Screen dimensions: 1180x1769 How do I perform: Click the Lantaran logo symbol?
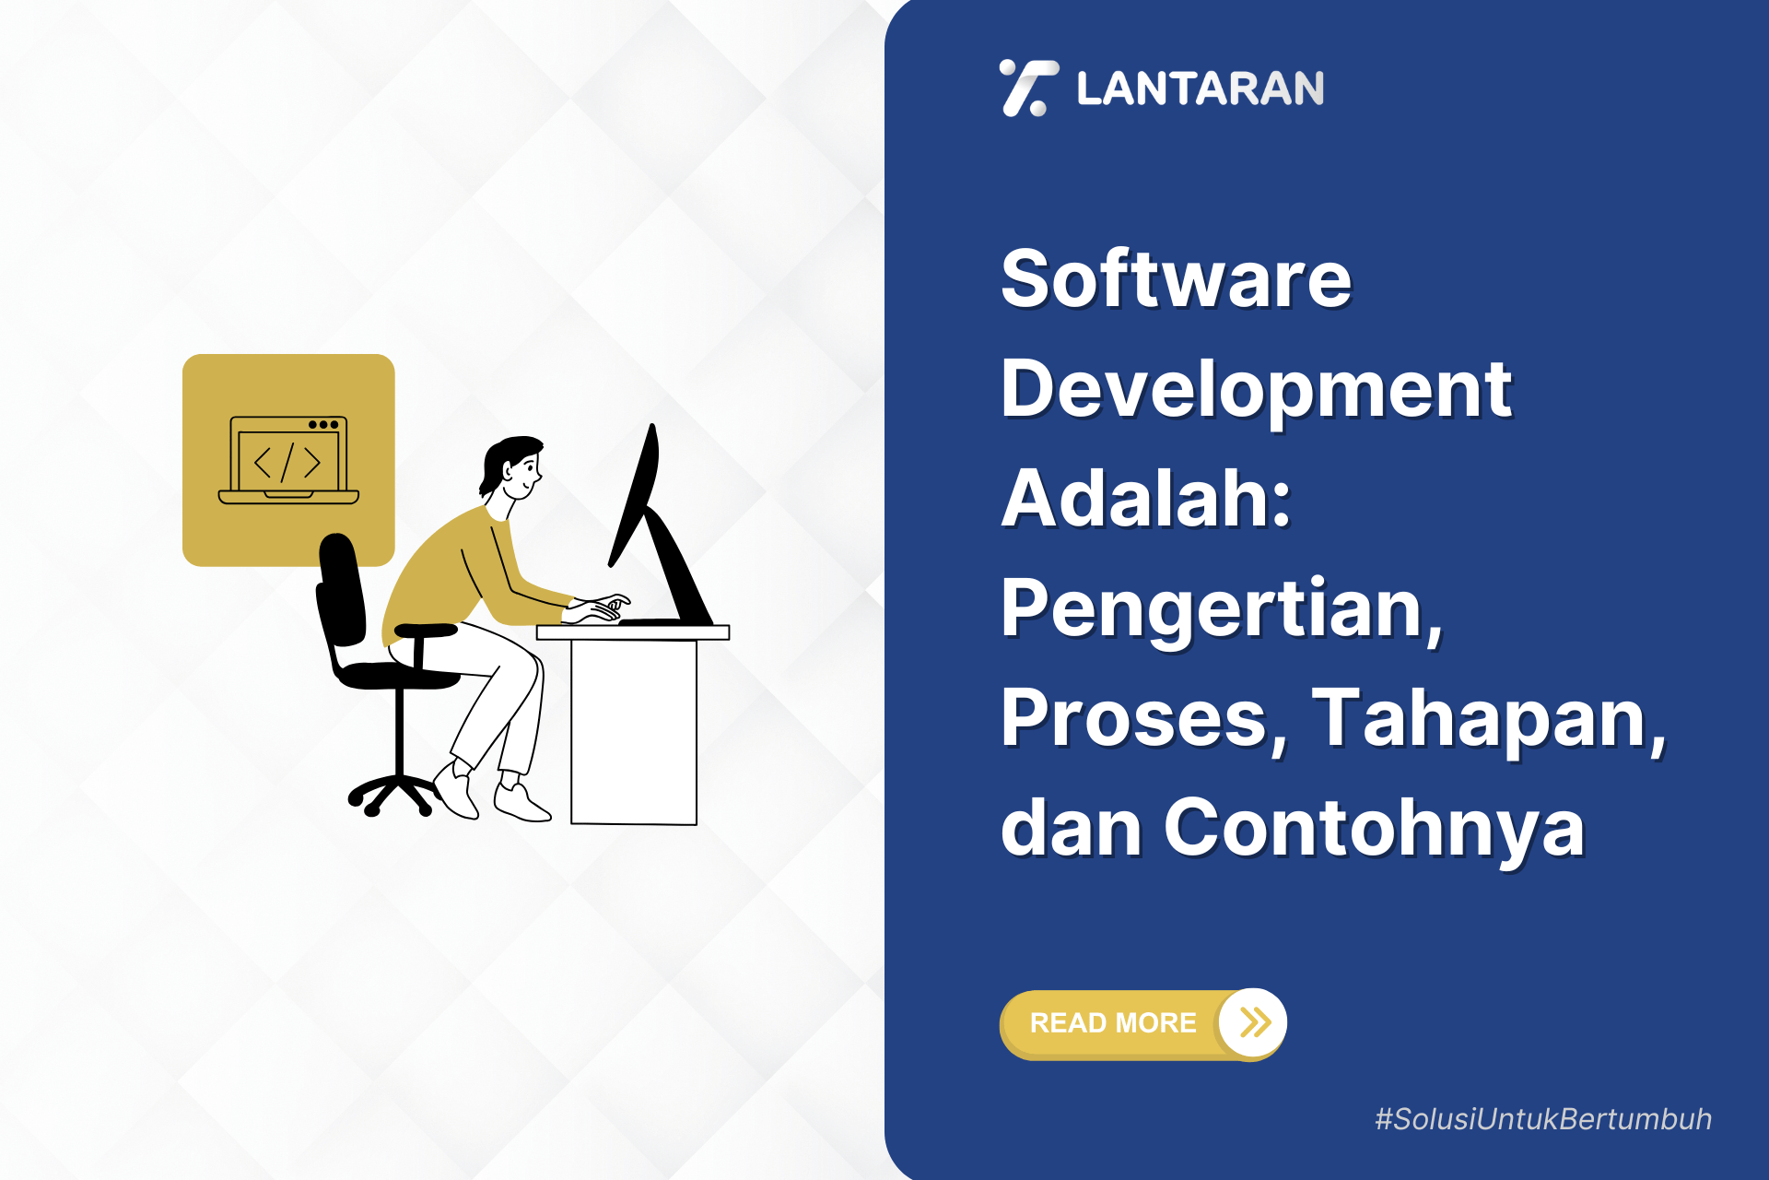tap(1027, 88)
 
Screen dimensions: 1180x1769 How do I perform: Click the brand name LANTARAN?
tap(1200, 89)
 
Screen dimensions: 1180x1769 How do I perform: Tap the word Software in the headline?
tap(1176, 279)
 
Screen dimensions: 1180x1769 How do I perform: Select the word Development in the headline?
tap(1256, 389)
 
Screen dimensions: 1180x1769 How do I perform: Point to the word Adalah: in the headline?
tap(1146, 499)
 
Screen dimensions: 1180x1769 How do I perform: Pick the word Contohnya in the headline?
tap(1374, 828)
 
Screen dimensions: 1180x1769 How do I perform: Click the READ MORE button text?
tap(1113, 1023)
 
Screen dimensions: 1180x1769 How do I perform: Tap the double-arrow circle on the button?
tap(1253, 1022)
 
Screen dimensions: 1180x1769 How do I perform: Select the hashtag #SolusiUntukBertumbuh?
tap(1543, 1119)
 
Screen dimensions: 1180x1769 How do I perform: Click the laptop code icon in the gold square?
tap(288, 460)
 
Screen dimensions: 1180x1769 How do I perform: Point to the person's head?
tap(514, 467)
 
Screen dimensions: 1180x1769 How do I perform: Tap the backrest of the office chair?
tap(341, 590)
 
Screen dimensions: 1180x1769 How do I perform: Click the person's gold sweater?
tap(451, 572)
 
